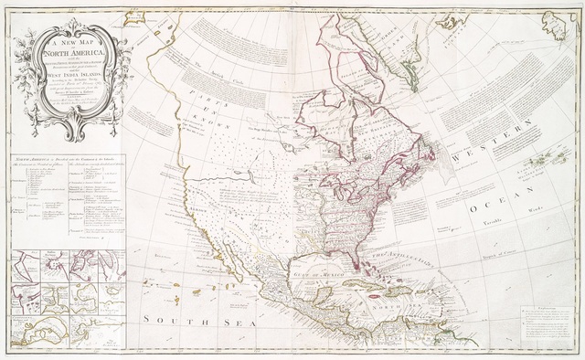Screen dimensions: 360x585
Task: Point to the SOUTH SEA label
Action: point(181,322)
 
